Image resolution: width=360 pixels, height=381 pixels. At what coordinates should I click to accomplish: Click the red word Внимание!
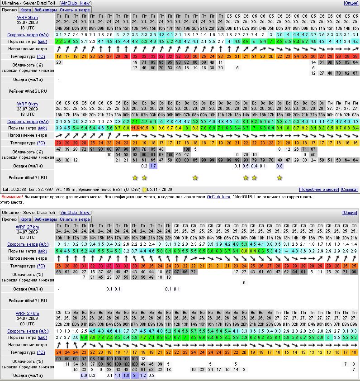(12, 197)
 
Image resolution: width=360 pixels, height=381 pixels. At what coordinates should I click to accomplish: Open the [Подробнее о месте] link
(318, 190)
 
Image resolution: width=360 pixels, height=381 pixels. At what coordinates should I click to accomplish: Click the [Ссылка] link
(349, 190)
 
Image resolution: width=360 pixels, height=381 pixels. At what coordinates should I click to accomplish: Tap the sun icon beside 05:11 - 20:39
(144, 190)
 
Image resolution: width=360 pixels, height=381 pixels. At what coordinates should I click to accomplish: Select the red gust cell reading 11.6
(135, 128)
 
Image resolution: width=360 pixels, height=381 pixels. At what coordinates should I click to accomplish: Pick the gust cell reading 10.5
(144, 128)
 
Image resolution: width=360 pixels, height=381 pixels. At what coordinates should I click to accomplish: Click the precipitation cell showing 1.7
(153, 166)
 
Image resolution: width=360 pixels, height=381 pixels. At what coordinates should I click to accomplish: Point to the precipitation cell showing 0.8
(279, 166)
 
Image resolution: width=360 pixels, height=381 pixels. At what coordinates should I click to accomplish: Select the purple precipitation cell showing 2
(135, 375)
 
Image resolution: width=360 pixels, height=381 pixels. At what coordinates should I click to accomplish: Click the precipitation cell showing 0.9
(84, 375)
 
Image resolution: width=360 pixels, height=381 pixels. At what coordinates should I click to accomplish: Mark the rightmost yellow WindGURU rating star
(279, 178)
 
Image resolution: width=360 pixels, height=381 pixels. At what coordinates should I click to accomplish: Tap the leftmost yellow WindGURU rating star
(135, 178)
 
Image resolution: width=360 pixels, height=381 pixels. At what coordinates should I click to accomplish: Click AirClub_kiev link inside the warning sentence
(218, 197)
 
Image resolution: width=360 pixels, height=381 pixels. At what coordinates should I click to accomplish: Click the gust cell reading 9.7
(170, 128)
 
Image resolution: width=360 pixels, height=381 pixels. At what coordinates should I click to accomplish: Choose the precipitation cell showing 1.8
(126, 375)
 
